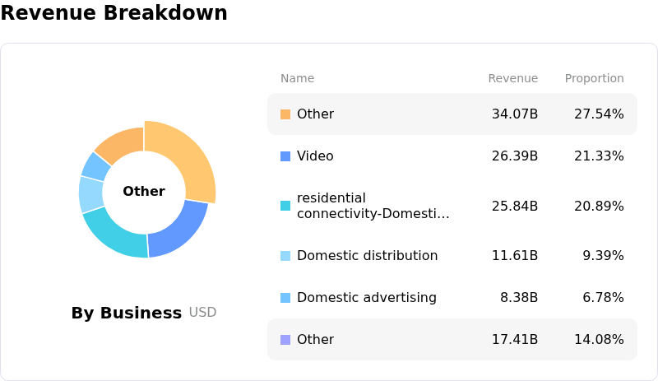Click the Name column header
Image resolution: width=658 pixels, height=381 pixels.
[x=297, y=79]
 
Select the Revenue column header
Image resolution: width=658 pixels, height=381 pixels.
[x=512, y=79]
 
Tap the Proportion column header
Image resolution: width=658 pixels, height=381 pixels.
[x=594, y=79]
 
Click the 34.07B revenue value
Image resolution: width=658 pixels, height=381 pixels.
[x=515, y=114]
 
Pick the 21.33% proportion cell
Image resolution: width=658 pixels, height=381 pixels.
[x=599, y=156]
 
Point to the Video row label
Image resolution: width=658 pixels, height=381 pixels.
[x=315, y=156]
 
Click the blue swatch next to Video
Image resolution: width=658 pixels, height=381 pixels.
[x=285, y=156]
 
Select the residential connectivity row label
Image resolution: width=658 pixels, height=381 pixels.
[x=373, y=206]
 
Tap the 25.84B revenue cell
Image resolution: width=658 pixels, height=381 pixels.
[x=515, y=206]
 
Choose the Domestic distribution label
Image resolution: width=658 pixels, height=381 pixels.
[x=367, y=256]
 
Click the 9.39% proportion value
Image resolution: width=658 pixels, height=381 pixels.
[x=603, y=256]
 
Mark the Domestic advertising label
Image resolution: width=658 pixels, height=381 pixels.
[x=367, y=298]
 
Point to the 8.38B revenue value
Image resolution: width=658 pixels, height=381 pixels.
[x=519, y=298]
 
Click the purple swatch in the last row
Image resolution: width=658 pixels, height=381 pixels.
[x=285, y=340]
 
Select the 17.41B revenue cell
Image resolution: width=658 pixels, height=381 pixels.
[x=515, y=340]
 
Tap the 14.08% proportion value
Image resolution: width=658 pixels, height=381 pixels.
[x=599, y=340]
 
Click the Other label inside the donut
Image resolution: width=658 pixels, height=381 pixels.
[x=144, y=192]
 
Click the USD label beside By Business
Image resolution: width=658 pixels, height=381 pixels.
[x=203, y=313]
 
